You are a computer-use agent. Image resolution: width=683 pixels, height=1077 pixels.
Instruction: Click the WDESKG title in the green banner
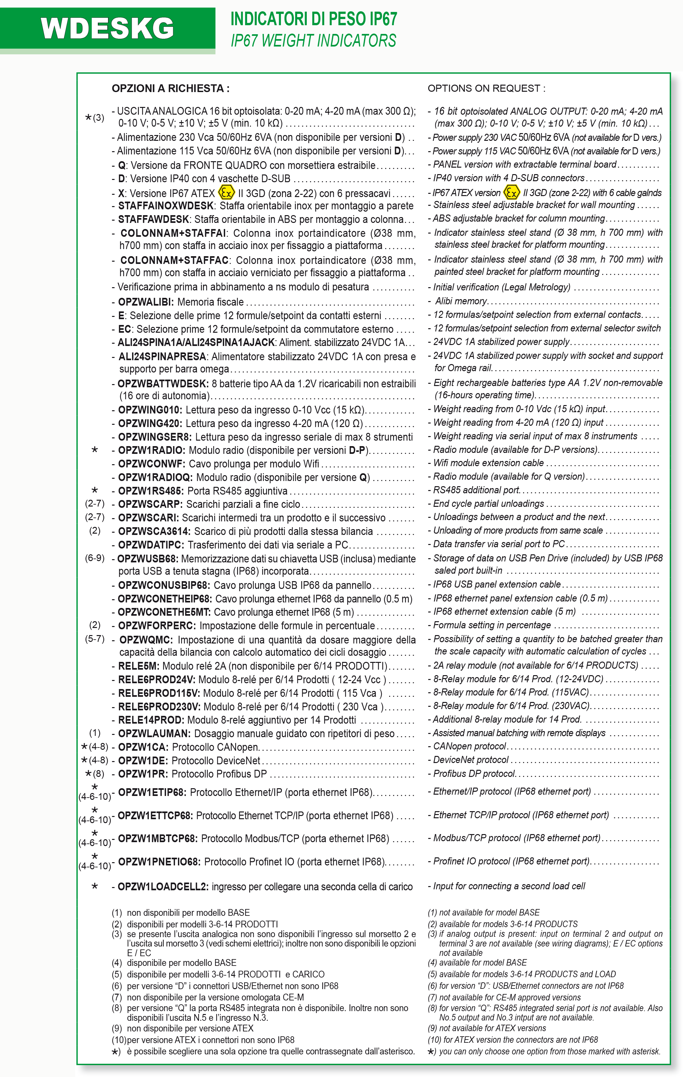[107, 29]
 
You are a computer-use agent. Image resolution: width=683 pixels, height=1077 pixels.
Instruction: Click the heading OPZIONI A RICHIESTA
[170, 88]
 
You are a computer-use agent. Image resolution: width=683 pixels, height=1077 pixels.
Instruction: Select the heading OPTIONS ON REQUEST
[486, 88]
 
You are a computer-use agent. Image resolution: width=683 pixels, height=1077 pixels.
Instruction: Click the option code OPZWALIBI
[146, 302]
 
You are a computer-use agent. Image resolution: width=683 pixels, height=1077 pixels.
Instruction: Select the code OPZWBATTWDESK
[163, 384]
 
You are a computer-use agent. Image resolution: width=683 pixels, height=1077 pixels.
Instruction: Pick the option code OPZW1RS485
[150, 491]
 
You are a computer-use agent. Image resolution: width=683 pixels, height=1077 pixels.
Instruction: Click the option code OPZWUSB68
[148, 559]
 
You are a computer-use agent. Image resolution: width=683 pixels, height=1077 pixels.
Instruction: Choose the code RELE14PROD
[151, 720]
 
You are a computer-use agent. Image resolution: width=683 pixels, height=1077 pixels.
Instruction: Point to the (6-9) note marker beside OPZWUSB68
[95, 558]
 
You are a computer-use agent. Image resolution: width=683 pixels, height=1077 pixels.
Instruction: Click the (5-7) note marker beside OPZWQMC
[95, 639]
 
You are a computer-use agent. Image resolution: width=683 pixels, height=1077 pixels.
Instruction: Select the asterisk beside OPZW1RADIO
[95, 450]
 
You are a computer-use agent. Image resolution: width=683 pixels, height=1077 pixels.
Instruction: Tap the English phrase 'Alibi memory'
[461, 301]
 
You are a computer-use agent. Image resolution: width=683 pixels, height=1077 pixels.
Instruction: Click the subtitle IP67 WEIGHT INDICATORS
[313, 41]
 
